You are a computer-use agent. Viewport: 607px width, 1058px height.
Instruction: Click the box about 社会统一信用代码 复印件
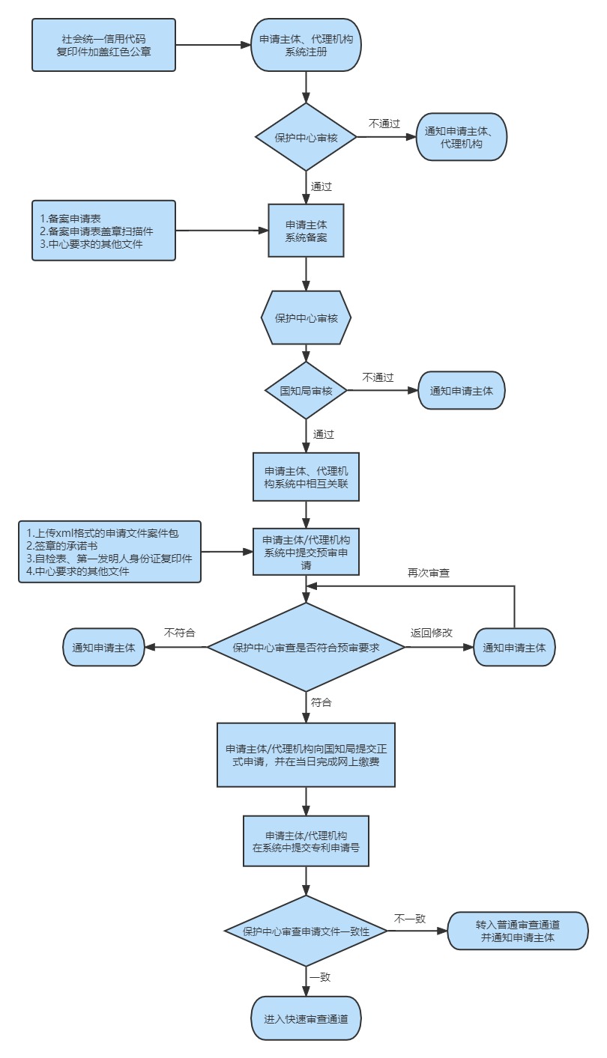click(x=103, y=45)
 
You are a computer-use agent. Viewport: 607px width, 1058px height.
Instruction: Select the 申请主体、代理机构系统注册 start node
click(x=306, y=45)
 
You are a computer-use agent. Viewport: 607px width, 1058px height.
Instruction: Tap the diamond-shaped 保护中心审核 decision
click(x=306, y=137)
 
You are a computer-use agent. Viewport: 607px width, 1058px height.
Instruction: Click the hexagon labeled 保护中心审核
click(x=306, y=318)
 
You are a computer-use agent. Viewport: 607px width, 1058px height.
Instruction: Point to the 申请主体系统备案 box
click(x=306, y=231)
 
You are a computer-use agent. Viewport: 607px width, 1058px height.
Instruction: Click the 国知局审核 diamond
click(x=306, y=391)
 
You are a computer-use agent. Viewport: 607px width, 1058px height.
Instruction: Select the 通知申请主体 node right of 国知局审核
click(x=461, y=391)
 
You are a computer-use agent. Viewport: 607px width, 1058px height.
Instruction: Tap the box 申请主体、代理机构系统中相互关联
click(x=306, y=477)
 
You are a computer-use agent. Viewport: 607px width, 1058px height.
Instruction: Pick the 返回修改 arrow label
click(x=431, y=633)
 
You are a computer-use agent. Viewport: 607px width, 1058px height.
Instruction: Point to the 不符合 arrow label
click(x=180, y=633)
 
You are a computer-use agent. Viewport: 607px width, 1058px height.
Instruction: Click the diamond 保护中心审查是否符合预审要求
click(x=306, y=648)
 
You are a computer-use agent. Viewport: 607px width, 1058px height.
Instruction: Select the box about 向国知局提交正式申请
click(x=306, y=755)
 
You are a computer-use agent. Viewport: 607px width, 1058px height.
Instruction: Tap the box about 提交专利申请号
click(x=306, y=842)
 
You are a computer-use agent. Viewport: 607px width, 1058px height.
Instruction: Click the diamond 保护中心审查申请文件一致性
click(x=306, y=931)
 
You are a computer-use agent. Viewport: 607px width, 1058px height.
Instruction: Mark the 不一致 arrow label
click(x=410, y=919)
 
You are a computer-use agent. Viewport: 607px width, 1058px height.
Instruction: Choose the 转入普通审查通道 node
click(x=518, y=931)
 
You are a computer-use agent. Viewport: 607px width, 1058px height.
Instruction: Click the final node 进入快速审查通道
click(x=306, y=1019)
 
